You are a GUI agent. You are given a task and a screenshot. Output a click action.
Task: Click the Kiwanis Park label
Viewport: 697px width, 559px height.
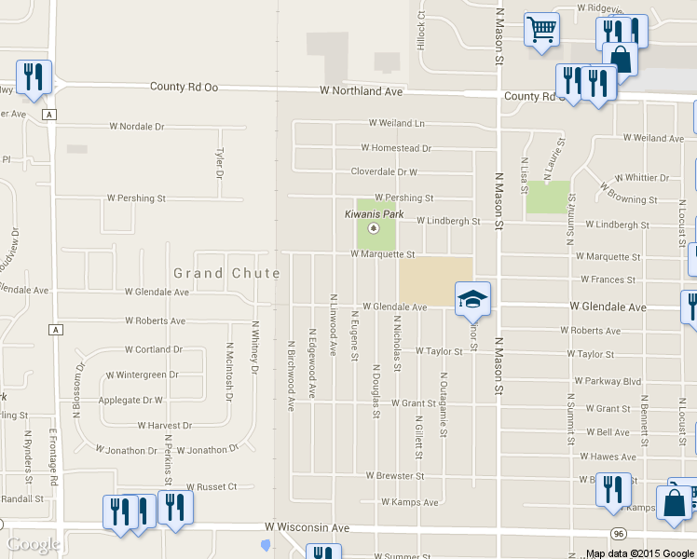[x=374, y=214]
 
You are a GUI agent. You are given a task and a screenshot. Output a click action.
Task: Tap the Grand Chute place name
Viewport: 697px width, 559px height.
[x=226, y=273]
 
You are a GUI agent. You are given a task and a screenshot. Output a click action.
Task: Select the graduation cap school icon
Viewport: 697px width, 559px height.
[x=472, y=300]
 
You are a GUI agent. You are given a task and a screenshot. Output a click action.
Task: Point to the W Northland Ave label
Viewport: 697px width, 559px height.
[x=361, y=91]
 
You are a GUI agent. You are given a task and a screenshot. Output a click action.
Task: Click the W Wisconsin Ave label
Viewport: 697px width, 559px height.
[x=307, y=527]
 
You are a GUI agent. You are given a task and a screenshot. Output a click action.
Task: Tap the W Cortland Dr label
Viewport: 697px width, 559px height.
[x=154, y=350]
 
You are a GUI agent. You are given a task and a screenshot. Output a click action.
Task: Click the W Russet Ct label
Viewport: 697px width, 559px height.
[x=212, y=486]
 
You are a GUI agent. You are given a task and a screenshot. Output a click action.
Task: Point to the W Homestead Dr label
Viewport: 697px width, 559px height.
[x=396, y=148]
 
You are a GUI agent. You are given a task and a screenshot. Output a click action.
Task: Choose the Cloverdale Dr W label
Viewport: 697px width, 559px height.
[x=384, y=172]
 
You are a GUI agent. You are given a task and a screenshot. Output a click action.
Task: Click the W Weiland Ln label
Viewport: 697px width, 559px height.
[x=396, y=123]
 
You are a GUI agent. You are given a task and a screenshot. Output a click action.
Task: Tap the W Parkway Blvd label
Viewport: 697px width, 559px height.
[x=608, y=381]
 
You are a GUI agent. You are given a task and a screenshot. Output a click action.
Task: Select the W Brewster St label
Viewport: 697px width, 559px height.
[x=394, y=476]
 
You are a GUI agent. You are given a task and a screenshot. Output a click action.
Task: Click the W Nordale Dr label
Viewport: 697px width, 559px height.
[x=136, y=126]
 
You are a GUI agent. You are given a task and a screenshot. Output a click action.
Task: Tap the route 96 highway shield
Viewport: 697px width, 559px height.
[x=618, y=533]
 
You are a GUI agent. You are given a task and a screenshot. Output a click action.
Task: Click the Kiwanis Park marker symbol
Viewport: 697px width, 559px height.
[x=374, y=228]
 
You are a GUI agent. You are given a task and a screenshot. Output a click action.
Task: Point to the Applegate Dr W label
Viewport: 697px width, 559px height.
[x=130, y=401]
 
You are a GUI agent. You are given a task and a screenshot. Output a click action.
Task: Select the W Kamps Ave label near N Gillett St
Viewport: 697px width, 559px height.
[x=404, y=503]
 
